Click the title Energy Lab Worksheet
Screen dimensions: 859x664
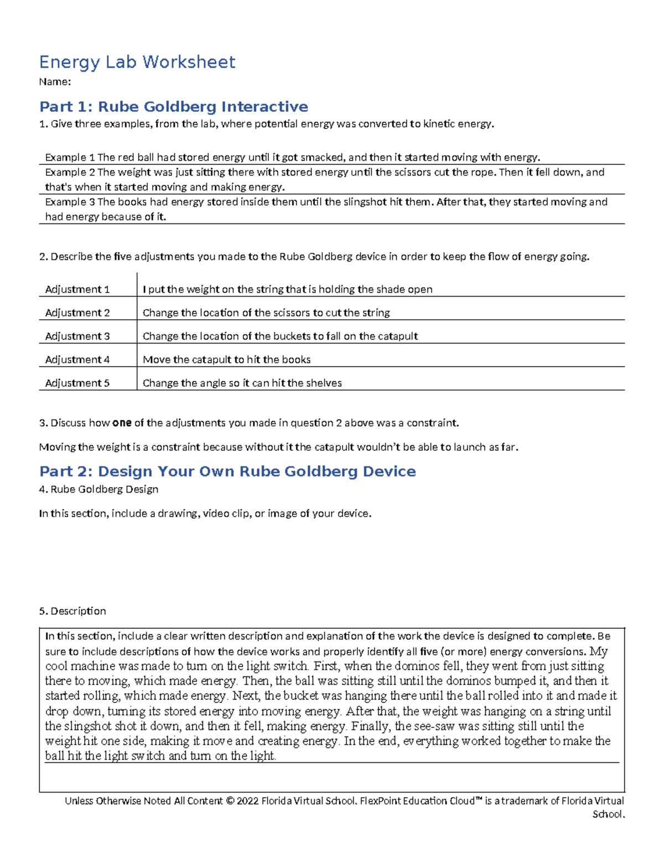[137, 62]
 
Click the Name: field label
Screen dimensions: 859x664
[55, 82]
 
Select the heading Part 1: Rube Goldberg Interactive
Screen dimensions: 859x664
[174, 106]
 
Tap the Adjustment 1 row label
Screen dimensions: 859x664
[77, 289]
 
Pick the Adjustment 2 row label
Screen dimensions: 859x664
[77, 313]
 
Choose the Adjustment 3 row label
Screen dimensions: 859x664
[77, 336]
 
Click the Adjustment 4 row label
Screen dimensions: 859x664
[77, 360]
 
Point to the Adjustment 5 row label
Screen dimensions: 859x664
[77, 383]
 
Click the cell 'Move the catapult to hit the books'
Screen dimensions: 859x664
[226, 360]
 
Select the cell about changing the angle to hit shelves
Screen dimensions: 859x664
[242, 383]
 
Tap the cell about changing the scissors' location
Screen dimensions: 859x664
[266, 313]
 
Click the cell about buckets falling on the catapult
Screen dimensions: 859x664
[280, 336]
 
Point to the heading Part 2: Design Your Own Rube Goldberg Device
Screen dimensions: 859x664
[227, 471]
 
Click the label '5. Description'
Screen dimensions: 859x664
[72, 611]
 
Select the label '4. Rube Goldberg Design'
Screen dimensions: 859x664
[98, 490]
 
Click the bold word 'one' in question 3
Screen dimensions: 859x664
[122, 423]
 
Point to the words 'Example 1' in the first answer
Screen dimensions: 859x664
[70, 158]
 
